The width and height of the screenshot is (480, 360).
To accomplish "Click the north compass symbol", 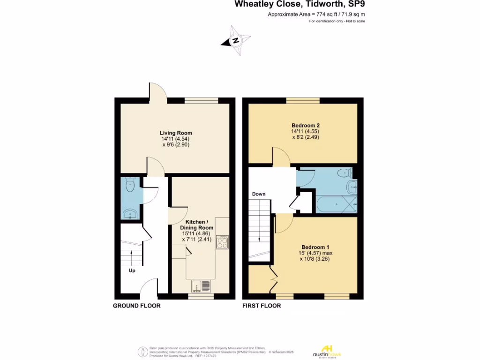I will point(236,41).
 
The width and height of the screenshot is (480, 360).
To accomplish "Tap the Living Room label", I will point(176,133).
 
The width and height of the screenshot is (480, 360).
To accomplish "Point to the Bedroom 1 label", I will point(315,247).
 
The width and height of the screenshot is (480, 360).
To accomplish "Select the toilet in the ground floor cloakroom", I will point(129,186).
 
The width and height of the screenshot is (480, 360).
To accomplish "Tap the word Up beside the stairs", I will point(133,270).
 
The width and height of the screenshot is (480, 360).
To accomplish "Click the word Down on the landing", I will point(259,194).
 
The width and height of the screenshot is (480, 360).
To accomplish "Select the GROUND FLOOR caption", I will point(137,306).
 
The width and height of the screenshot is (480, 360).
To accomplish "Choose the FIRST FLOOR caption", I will point(262,306).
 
